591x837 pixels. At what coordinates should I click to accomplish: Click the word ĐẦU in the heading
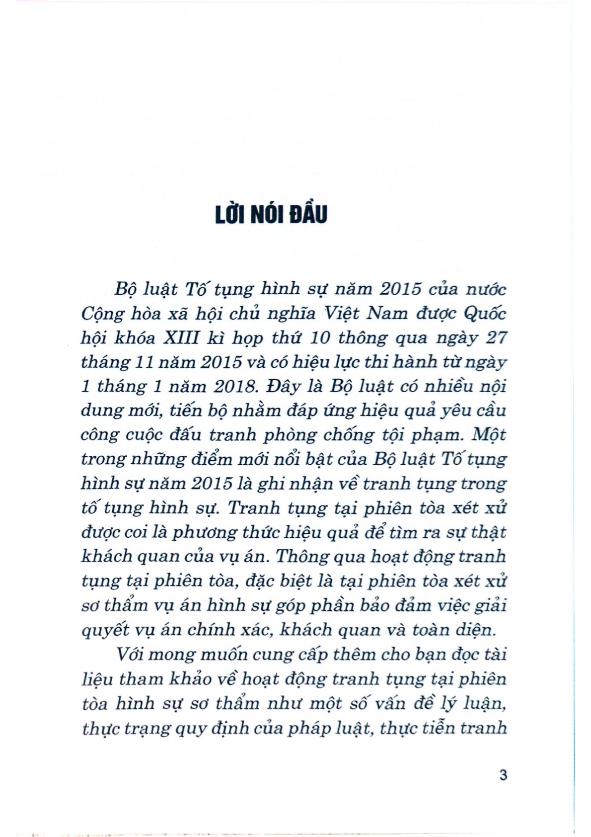(307, 214)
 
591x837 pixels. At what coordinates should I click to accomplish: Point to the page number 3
(503, 774)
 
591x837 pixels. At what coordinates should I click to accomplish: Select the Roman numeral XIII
(181, 337)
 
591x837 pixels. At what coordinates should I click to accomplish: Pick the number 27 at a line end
(496, 337)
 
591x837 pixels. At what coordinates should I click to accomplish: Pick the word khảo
(183, 678)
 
